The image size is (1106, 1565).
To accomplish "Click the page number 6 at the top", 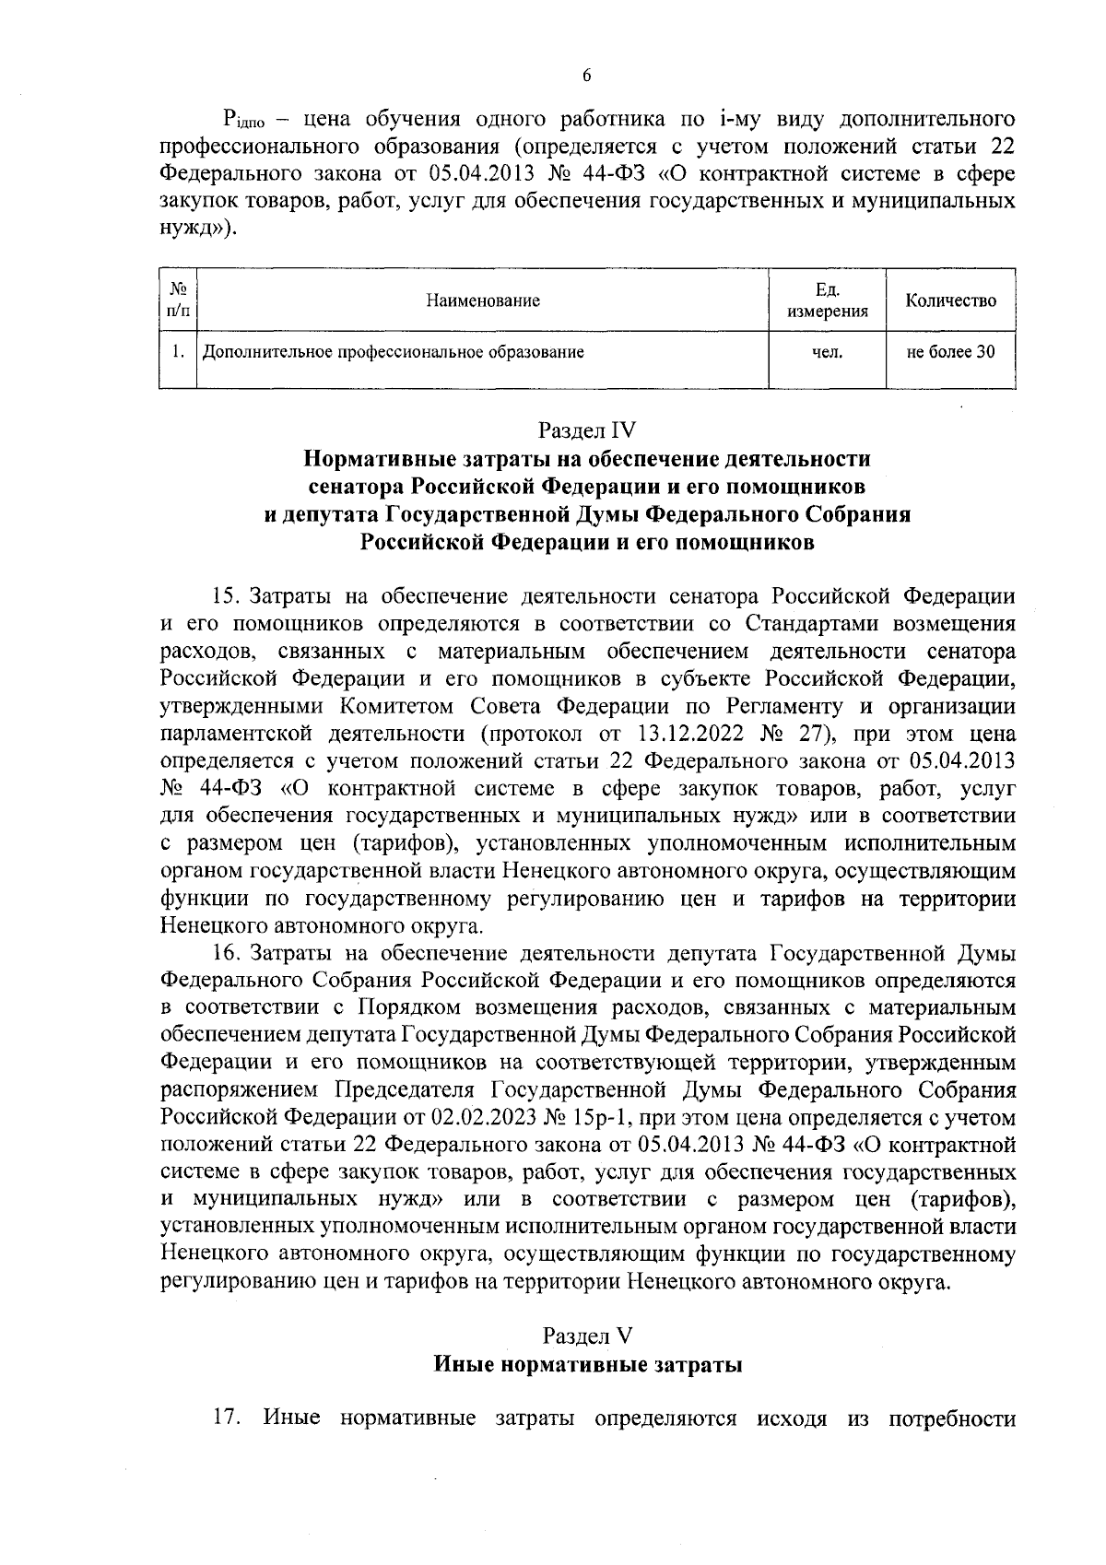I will point(586,76).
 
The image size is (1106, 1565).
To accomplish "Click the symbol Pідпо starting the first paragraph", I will point(242,121).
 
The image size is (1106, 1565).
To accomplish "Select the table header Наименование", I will point(483,300).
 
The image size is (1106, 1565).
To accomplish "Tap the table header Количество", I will point(950,300).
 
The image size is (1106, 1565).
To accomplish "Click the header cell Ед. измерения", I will point(827,300).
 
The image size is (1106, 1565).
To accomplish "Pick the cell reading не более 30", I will point(950,351).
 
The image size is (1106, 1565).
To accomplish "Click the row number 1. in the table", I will point(178,351).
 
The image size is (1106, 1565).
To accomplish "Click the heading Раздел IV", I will point(587,429).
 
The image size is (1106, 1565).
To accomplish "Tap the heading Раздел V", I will point(587,1336).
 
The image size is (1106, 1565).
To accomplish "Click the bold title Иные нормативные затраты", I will point(587,1365).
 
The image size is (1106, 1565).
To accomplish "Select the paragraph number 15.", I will point(227,596).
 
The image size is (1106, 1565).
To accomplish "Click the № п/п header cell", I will point(178,300).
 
